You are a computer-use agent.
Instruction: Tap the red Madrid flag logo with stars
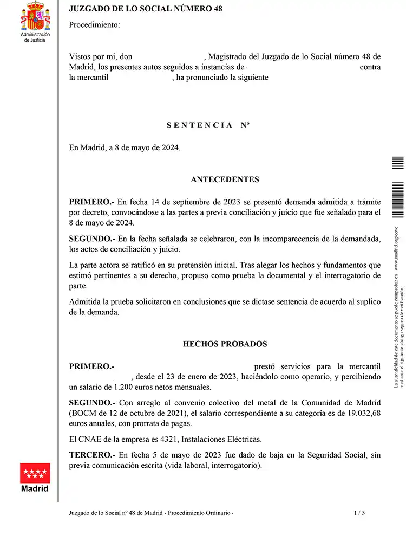click(35, 473)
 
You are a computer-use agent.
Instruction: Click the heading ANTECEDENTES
click(225, 179)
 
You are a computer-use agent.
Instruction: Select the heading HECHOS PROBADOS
click(225, 344)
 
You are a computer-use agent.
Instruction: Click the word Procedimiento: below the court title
click(95, 25)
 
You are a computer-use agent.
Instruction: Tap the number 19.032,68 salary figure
click(362, 413)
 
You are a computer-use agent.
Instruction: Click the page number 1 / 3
click(359, 513)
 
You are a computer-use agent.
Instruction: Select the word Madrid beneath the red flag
click(35, 488)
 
